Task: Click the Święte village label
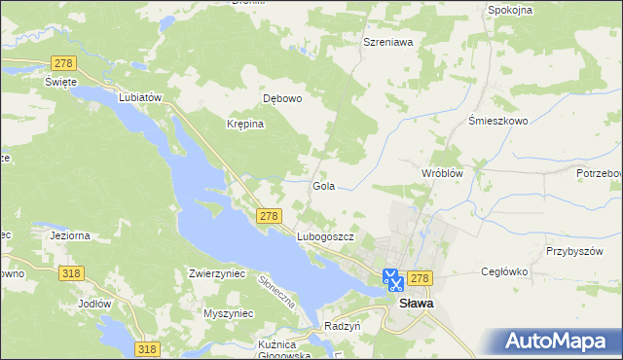coord(60,82)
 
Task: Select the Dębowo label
coord(283,98)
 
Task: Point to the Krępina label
coord(246,125)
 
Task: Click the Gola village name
coord(324,185)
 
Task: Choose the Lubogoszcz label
coord(324,236)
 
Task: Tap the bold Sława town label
coord(418,303)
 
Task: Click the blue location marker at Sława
coord(392,281)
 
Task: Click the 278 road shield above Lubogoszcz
coord(270,216)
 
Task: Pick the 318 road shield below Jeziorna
coord(69,274)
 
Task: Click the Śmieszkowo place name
coord(497,122)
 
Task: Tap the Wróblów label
coord(440,172)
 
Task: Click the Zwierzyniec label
coord(216,274)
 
